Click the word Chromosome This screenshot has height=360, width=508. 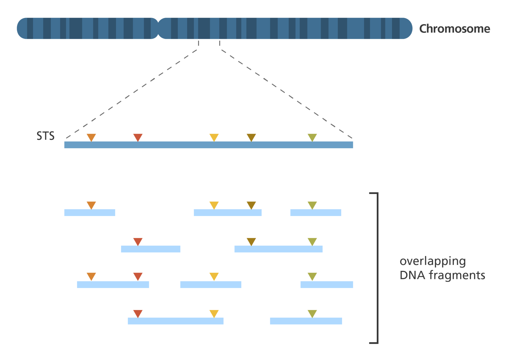[454, 29]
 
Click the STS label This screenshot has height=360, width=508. [45, 136]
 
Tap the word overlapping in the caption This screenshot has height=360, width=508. [432, 261]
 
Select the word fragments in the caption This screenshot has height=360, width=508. [457, 275]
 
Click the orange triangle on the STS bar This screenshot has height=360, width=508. [91, 137]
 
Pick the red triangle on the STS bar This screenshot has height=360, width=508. [138, 137]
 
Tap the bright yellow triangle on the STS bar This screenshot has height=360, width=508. [214, 137]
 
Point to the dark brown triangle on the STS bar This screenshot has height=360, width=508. [251, 137]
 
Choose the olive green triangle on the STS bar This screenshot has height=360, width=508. [312, 137]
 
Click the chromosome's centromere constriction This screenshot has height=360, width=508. [158, 29]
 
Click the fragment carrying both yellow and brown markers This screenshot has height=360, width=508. [228, 213]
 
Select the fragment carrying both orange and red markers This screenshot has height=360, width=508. [113, 285]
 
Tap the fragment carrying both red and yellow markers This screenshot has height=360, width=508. [175, 321]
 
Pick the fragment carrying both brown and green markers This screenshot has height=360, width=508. [278, 249]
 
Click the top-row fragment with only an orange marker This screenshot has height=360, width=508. [90, 213]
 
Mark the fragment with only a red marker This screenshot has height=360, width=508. [151, 249]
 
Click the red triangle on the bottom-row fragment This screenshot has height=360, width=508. [138, 313]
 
